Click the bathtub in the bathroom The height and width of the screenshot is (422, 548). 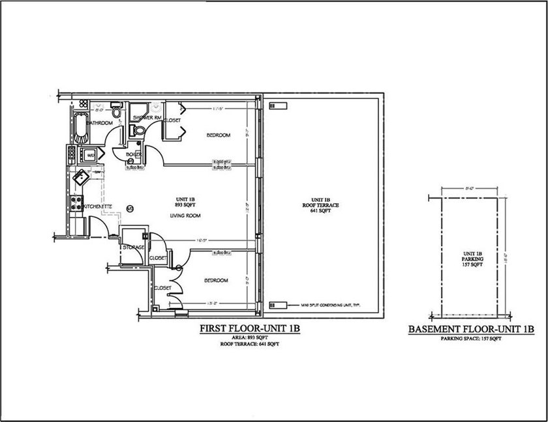tap(81, 128)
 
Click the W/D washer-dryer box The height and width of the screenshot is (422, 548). tap(90, 155)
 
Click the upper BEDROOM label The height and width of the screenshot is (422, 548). tap(219, 135)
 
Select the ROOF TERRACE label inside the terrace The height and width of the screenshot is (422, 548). tap(324, 204)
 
